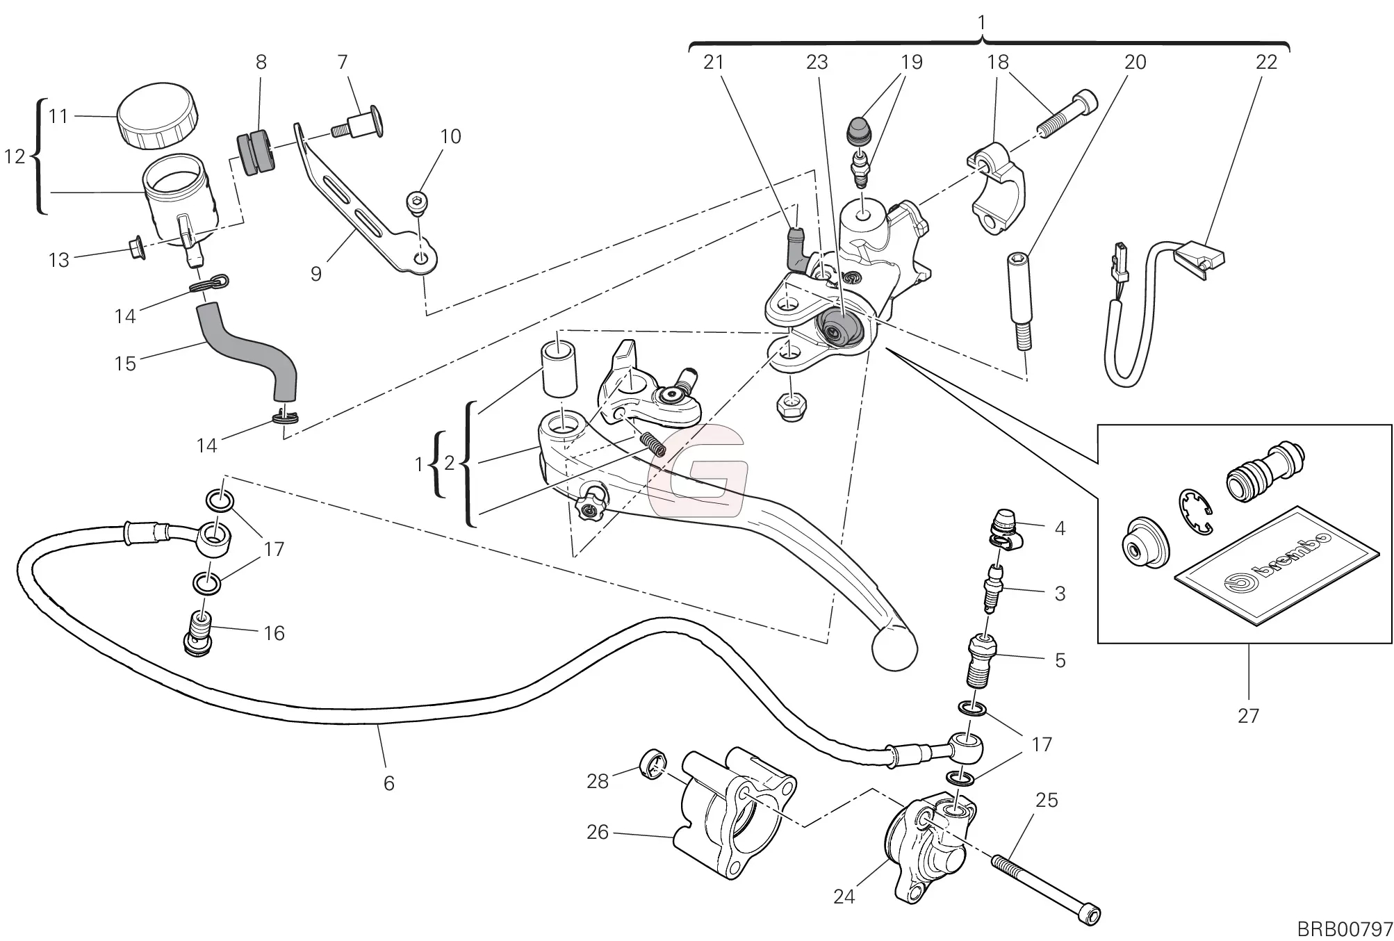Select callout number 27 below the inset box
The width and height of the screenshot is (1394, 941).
coord(1248,715)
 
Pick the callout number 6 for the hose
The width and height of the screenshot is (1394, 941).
coord(388,783)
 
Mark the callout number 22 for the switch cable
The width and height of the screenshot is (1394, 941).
coord(1266,63)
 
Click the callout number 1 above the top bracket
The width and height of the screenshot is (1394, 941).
coord(982,22)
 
